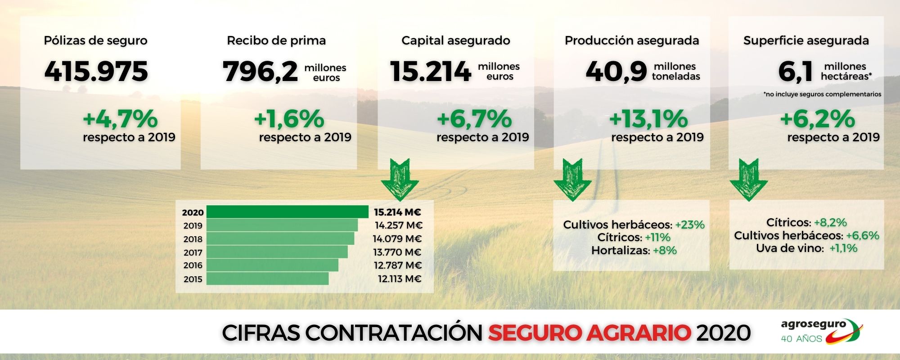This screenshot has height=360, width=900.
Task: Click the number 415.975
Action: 96,71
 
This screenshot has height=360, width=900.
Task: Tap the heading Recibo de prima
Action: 276,40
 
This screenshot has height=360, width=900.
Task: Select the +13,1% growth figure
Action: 648,119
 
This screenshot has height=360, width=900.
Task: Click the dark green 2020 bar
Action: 288,212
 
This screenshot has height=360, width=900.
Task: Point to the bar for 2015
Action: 267,279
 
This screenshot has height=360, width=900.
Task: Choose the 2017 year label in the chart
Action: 193,252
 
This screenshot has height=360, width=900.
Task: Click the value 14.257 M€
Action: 399,225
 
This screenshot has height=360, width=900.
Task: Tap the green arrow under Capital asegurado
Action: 400,179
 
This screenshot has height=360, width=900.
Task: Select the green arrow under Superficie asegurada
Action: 749,179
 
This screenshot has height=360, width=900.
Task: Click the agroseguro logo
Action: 821,331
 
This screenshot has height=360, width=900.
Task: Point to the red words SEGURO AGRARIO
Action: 589,333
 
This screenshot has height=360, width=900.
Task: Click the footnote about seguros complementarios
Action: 822,94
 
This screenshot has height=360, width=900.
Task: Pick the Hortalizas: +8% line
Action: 634,250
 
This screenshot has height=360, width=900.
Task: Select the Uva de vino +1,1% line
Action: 806,248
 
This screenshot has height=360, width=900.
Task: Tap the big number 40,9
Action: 616,72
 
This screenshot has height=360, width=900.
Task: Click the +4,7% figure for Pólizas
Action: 120,119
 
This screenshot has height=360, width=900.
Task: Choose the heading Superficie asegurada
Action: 806,40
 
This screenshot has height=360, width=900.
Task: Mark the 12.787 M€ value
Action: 397,265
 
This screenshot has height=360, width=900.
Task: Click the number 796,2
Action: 260,71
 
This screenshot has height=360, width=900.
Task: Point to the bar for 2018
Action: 280,238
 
